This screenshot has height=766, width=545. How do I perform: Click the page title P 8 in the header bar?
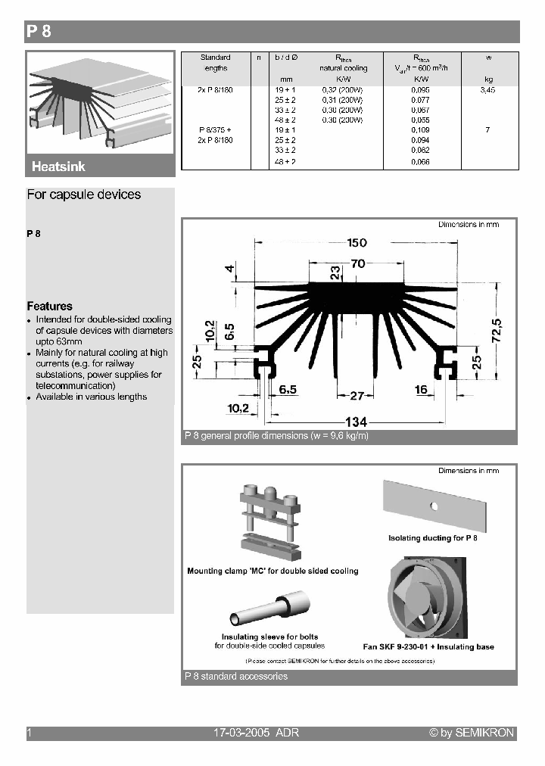click(39, 32)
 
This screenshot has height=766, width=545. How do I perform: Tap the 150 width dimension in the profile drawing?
click(357, 243)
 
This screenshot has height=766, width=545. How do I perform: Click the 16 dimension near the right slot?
click(422, 389)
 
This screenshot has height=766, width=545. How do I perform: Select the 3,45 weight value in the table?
click(487, 90)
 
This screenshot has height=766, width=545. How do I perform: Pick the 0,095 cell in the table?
click(420, 90)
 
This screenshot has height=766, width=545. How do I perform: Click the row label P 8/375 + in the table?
click(215, 130)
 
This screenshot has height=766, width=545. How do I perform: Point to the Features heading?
click(50, 307)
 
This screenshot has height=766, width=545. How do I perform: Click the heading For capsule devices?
click(84, 195)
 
